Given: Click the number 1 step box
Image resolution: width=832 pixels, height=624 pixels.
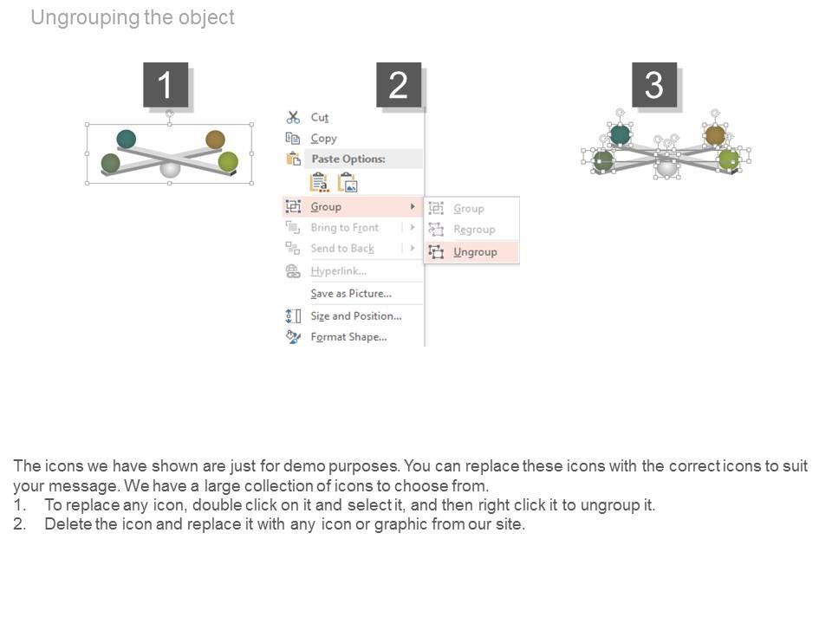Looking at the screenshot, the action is click(x=166, y=85).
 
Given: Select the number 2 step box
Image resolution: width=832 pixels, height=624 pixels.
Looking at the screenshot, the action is click(x=399, y=85).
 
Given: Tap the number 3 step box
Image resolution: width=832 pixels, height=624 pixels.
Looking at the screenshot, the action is click(x=654, y=85).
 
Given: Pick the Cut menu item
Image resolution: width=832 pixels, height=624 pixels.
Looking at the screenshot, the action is click(x=320, y=117).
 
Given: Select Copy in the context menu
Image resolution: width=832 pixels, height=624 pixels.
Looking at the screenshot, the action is click(x=323, y=139).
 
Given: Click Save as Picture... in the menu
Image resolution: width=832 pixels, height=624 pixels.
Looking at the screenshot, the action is click(x=351, y=294).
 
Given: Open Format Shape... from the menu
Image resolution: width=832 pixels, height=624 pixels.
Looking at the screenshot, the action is click(x=348, y=337).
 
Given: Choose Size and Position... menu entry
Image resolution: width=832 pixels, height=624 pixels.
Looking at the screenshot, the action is click(x=356, y=315).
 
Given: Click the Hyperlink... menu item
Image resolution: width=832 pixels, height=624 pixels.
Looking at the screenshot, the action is click(x=339, y=271).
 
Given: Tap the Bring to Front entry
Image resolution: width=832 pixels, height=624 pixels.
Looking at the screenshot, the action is click(x=344, y=228).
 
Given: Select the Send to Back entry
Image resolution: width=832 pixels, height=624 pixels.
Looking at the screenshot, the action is click(x=342, y=249).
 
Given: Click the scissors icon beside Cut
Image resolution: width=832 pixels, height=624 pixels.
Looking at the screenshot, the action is click(x=293, y=117).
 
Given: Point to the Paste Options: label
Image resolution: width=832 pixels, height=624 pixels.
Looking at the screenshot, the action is click(x=348, y=159).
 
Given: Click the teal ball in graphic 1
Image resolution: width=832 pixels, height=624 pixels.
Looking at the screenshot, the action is click(x=127, y=139).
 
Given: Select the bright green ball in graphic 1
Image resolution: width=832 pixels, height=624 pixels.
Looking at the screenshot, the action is click(x=228, y=161).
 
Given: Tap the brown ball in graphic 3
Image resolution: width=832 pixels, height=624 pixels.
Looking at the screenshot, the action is click(x=715, y=135).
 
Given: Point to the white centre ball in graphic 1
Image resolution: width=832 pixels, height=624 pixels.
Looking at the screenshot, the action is click(x=170, y=170).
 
